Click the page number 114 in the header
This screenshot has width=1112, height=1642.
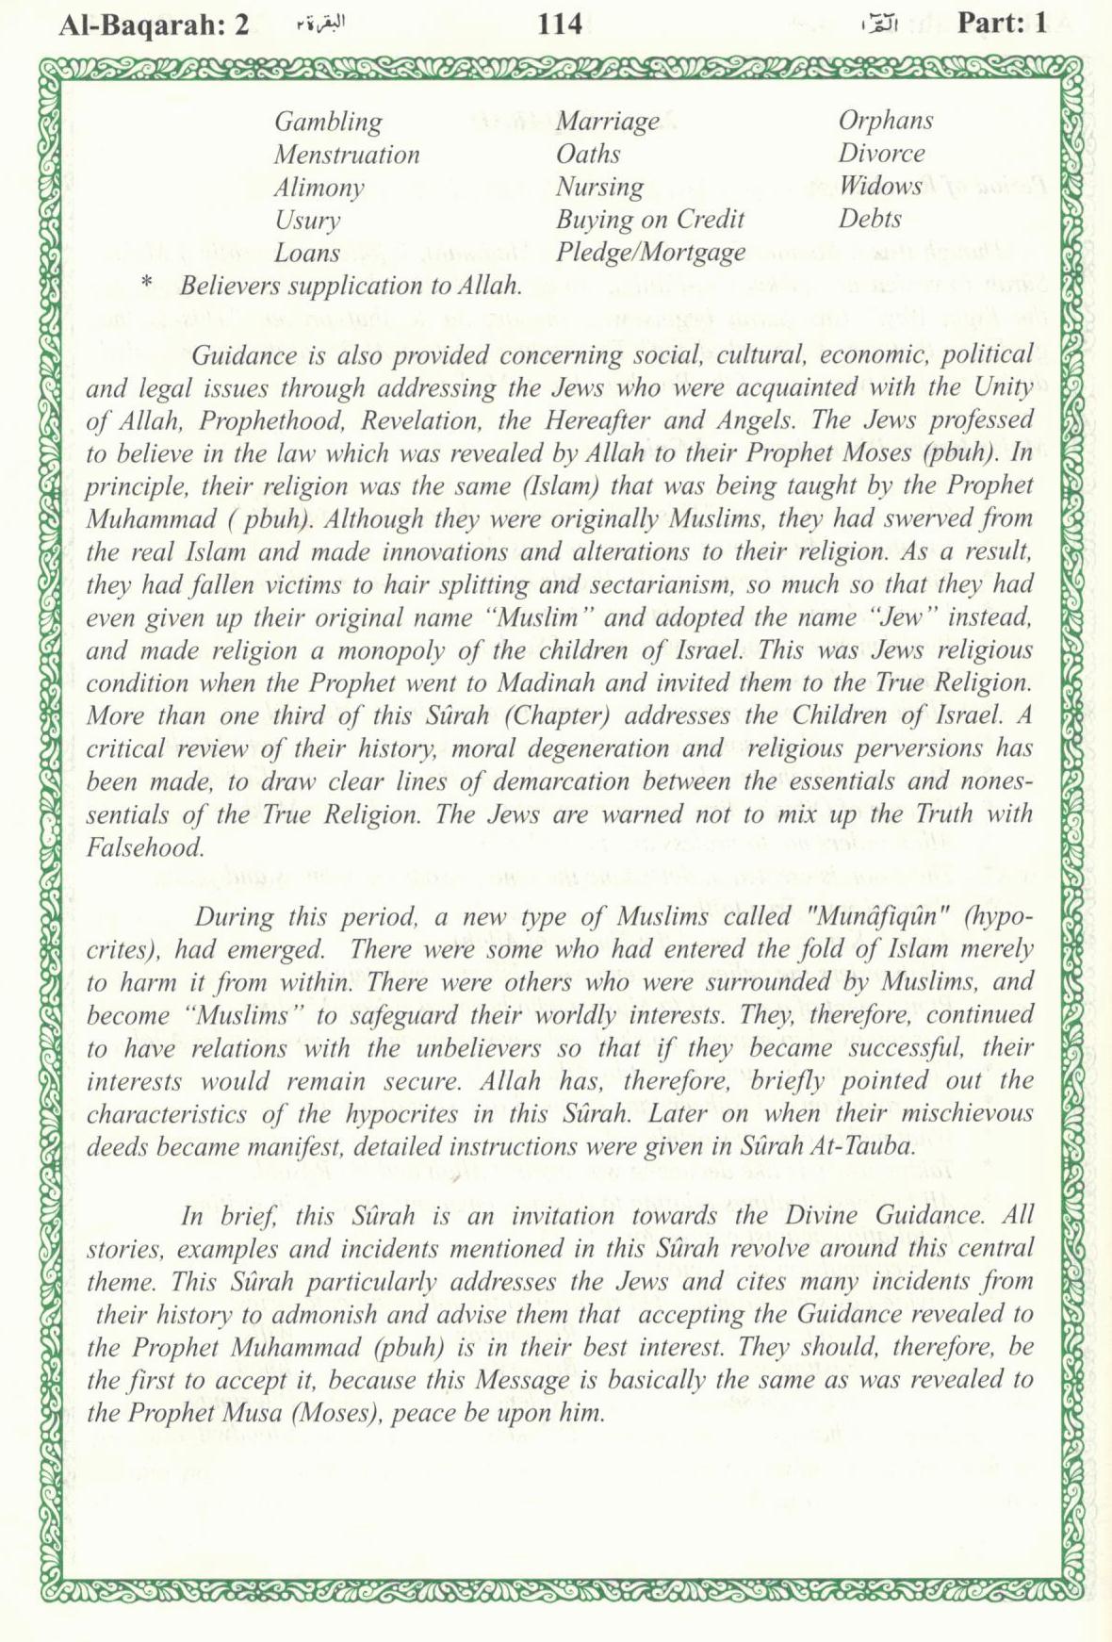click(560, 23)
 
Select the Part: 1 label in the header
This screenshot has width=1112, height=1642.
click(1002, 23)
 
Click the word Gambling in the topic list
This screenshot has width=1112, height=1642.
click(328, 122)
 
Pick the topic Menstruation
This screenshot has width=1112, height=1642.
click(347, 155)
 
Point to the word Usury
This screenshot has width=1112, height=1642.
click(307, 221)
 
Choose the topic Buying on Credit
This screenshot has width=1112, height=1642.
click(649, 220)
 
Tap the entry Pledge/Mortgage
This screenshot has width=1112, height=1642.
click(650, 253)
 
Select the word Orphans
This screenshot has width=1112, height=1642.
click(886, 121)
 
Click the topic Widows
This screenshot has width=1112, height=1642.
click(880, 186)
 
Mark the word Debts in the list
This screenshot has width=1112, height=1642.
click(870, 219)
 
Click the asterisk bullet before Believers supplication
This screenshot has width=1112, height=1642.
click(146, 283)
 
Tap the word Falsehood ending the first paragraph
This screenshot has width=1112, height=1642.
click(145, 847)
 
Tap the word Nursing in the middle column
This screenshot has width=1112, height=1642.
click(599, 187)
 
